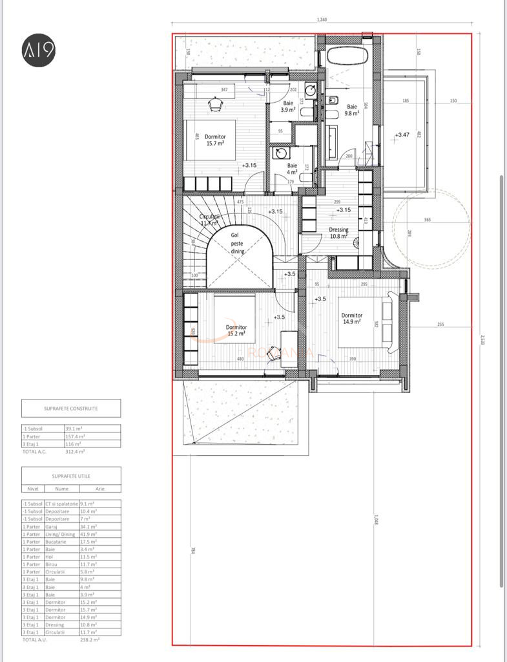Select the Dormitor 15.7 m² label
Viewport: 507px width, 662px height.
pyautogui.click(x=215, y=140)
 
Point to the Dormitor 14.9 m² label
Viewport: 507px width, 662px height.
pyautogui.click(x=351, y=318)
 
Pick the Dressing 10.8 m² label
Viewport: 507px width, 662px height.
pyautogui.click(x=338, y=233)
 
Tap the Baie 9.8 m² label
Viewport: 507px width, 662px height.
pyautogui.click(x=352, y=110)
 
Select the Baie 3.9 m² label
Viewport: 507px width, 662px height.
pyautogui.click(x=288, y=107)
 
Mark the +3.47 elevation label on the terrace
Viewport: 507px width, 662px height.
pyautogui.click(x=402, y=135)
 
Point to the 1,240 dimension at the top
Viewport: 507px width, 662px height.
pyautogui.click(x=322, y=20)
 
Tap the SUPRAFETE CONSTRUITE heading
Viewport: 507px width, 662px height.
pyautogui.click(x=71, y=409)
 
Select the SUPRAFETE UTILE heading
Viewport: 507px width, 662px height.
pyautogui.click(x=70, y=475)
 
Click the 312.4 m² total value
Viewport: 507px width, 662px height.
pyautogui.click(x=75, y=452)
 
